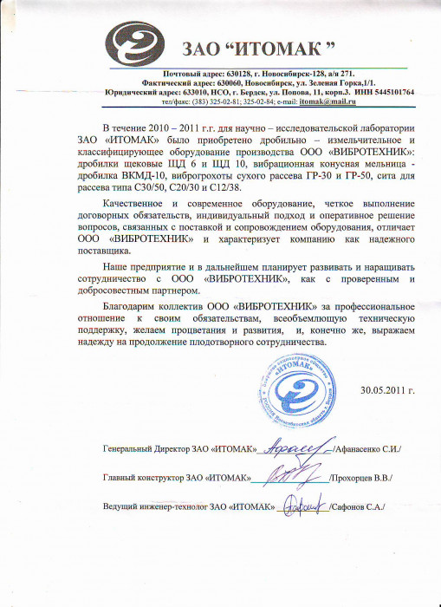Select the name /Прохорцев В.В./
pyautogui.click(x=361, y=478)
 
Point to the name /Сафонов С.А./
pyautogui.click(x=357, y=506)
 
